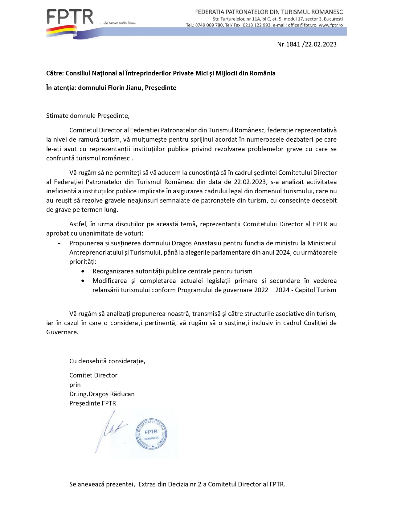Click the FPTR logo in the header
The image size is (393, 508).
coord(70,17)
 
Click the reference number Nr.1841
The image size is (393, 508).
coord(289,44)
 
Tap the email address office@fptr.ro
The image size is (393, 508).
coord(302,25)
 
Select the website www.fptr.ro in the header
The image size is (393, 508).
coord(330,25)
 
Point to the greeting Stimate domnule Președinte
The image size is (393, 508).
coord(88,116)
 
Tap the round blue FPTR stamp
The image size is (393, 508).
coord(151,434)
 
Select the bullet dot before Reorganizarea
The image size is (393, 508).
coord(83,272)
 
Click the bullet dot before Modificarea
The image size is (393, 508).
coord(83,281)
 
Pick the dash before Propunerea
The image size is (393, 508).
coord(59,244)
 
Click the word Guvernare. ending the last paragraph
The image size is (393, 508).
coord(62,332)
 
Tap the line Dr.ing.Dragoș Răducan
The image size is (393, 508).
coord(102,394)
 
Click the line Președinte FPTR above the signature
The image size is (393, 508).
coord(92,403)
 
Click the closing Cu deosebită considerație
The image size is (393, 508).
coord(107,361)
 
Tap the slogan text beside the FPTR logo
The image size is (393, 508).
coord(118,23)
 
